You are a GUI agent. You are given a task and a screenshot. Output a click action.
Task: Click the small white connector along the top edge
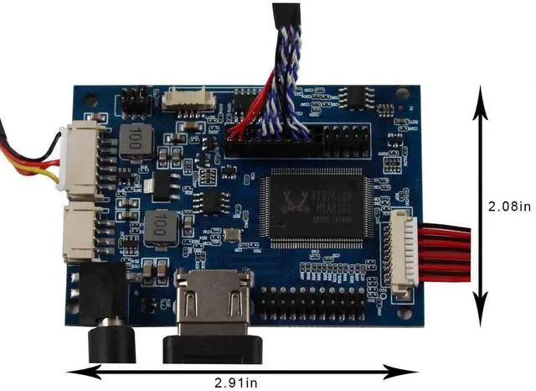(188, 99)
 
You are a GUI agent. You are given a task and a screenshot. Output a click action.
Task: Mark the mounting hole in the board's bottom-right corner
(407, 312)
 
